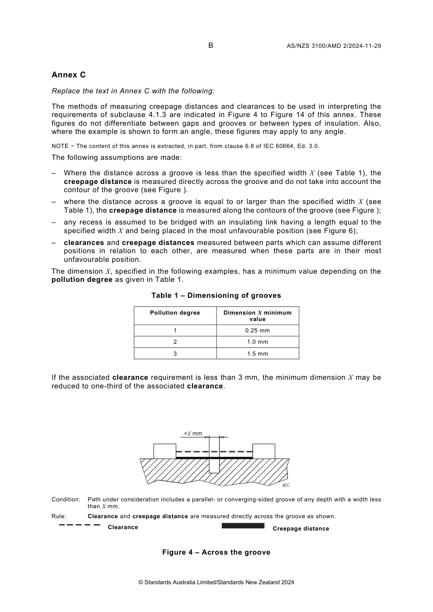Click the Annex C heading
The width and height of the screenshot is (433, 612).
[x=68, y=75]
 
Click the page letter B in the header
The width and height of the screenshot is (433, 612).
[x=211, y=45]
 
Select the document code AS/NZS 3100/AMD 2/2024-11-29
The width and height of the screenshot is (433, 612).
[x=334, y=46]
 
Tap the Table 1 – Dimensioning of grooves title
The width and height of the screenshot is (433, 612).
[x=216, y=296]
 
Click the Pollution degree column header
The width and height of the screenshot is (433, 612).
[x=175, y=313]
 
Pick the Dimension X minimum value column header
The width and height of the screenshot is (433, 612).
[x=257, y=316]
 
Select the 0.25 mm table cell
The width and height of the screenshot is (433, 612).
[x=257, y=331]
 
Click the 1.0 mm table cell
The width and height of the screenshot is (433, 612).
[x=257, y=342]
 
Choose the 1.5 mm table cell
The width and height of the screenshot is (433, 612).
[x=257, y=354]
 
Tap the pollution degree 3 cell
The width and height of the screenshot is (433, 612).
[x=175, y=354]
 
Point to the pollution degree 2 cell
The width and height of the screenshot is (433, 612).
[x=175, y=342]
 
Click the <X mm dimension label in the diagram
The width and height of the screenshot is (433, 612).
[x=193, y=433]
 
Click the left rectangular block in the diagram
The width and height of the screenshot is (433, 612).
[x=165, y=451]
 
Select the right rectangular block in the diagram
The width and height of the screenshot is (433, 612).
[x=264, y=451]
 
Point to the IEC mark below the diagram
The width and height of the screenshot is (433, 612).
[x=286, y=485]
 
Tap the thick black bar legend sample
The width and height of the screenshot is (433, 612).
[x=243, y=525]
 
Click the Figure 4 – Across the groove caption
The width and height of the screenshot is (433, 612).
[x=216, y=552]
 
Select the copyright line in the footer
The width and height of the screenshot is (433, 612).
[x=216, y=582]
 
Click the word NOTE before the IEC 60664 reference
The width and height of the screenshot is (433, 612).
[x=60, y=146]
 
